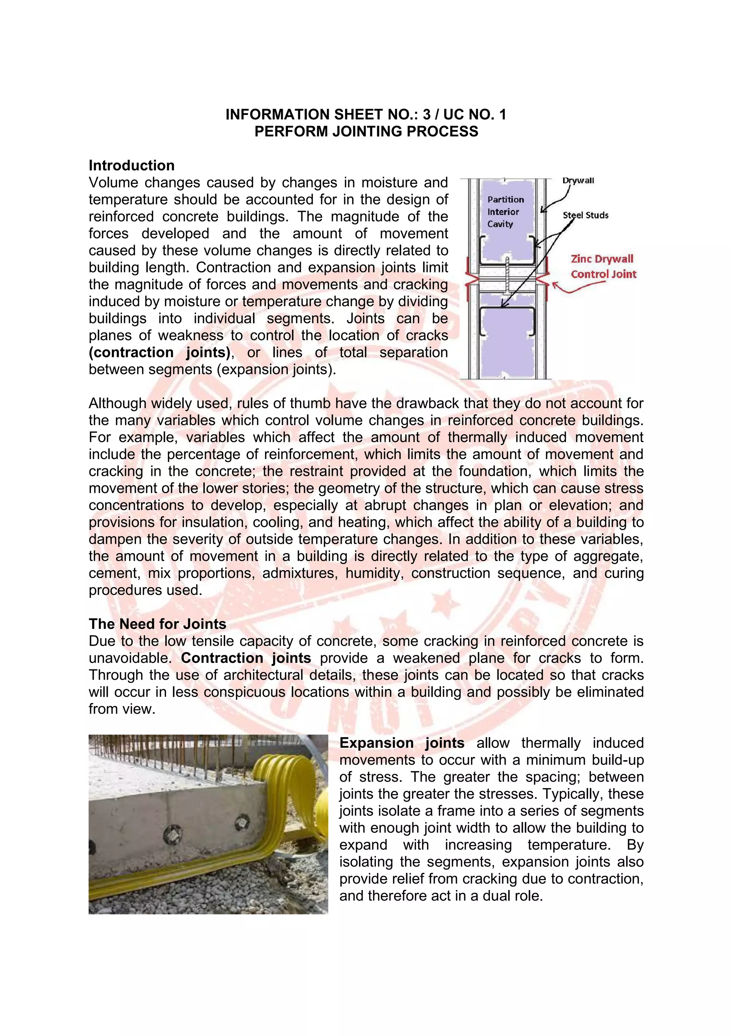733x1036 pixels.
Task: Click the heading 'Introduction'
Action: point(131,166)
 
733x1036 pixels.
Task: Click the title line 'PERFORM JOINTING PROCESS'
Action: point(366,131)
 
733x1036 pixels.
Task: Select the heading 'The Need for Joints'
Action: point(157,624)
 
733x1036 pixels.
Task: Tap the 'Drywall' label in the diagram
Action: point(578,181)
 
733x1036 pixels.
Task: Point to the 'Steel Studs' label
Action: point(586,215)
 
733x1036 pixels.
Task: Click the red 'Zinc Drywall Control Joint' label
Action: point(603,266)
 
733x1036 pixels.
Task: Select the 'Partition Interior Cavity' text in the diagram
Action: point(505,212)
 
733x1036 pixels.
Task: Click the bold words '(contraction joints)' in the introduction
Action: point(160,352)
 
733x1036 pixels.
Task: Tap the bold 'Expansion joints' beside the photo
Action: point(402,743)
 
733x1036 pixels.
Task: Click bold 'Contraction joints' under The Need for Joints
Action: point(246,658)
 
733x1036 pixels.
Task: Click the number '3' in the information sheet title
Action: point(426,114)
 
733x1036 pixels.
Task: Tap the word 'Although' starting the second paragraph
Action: point(113,404)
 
